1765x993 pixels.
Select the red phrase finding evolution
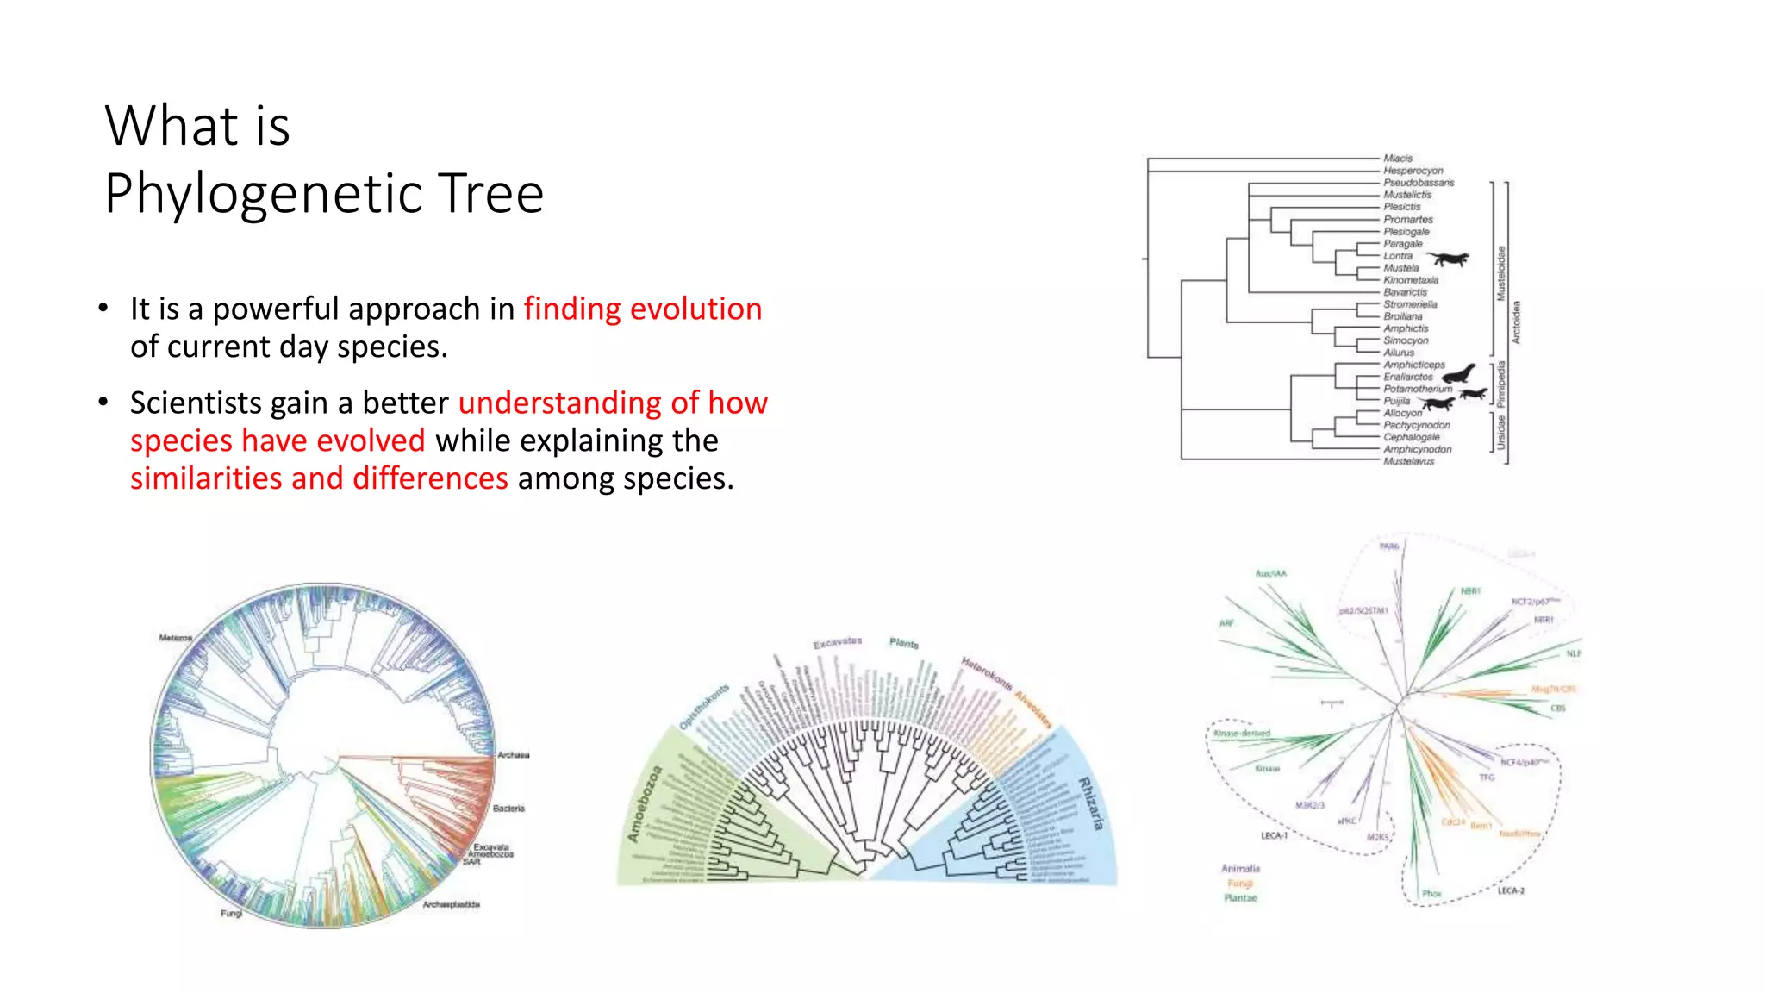pyautogui.click(x=642, y=309)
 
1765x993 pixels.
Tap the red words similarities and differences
pyautogui.click(x=319, y=478)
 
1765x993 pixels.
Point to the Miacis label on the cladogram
pyautogui.click(x=1397, y=159)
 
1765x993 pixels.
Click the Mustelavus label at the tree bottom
pyautogui.click(x=1408, y=462)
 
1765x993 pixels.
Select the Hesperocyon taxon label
pyautogui.click(x=1413, y=171)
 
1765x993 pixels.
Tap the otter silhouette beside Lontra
pyautogui.click(x=1447, y=259)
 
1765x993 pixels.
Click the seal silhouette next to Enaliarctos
pyautogui.click(x=1459, y=374)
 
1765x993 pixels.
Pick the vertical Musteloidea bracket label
pyautogui.click(x=1500, y=273)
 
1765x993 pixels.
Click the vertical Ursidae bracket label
pyautogui.click(x=1500, y=433)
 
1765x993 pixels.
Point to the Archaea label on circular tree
pyautogui.click(x=514, y=755)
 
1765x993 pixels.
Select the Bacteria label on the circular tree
pyautogui.click(x=508, y=809)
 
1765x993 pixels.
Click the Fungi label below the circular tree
pyautogui.click(x=231, y=914)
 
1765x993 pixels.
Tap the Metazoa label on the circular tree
pyautogui.click(x=175, y=638)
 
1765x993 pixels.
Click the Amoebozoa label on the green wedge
pyautogui.click(x=645, y=803)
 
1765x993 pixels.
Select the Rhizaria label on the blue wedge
pyautogui.click(x=1090, y=803)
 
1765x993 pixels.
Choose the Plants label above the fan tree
pyautogui.click(x=904, y=643)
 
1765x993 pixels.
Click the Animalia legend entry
pyautogui.click(x=1240, y=869)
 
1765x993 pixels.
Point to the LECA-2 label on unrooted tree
pyautogui.click(x=1511, y=890)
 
